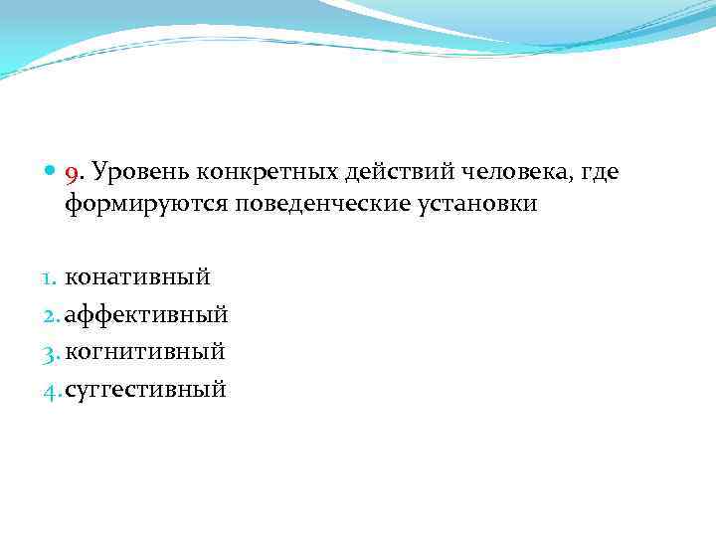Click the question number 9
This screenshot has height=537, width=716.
pos(72,175)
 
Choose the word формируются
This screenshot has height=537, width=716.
pos(147,204)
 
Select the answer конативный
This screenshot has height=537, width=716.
pos(138,277)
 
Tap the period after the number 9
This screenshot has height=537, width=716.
pos(82,180)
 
